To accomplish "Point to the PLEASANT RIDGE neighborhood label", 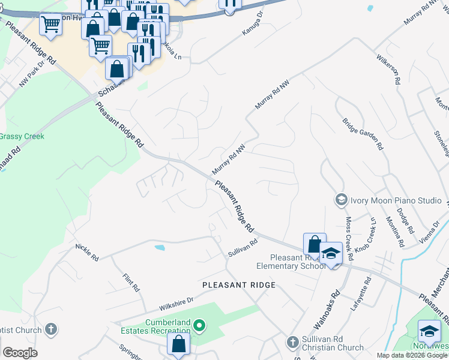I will pos(239,284).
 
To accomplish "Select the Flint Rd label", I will pos(130,283).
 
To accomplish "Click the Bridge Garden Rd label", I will pos(363,133).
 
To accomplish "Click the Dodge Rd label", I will pos(406,221).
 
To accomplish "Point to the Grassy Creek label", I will pos(22,136).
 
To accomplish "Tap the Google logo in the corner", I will pos(20,352).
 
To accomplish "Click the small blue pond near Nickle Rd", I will pos(159,247).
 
